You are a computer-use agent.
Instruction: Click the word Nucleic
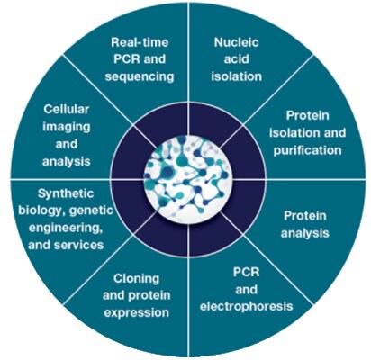pyautogui.click(x=236, y=42)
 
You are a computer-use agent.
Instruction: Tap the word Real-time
pyautogui.click(x=140, y=42)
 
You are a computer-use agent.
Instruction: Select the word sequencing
pyautogui.click(x=140, y=76)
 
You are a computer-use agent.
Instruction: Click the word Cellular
pyautogui.click(x=67, y=109)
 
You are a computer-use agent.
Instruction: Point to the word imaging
pyautogui.click(x=67, y=127)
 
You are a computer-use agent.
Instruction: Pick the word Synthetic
pyautogui.click(x=66, y=193)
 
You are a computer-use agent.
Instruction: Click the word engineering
pyautogui.click(x=66, y=228)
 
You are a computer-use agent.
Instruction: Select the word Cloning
pyautogui.click(x=136, y=279)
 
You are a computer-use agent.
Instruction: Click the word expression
pyautogui.click(x=136, y=313)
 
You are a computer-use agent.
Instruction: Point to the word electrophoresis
pyautogui.click(x=246, y=306)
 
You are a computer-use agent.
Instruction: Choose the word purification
pyautogui.click(x=307, y=150)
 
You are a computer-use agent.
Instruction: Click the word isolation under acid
pyautogui.click(x=236, y=76)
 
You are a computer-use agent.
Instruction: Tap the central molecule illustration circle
pyautogui.click(x=188, y=180)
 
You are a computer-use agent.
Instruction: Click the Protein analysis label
pyautogui.click(x=305, y=224)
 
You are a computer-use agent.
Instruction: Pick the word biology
pyautogui.click(x=41, y=211)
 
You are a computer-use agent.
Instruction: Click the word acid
pyautogui.click(x=236, y=59)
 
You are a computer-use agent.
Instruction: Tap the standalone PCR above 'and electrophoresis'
pyautogui.click(x=246, y=272)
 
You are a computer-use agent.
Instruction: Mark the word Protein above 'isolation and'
pyautogui.click(x=307, y=115)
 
